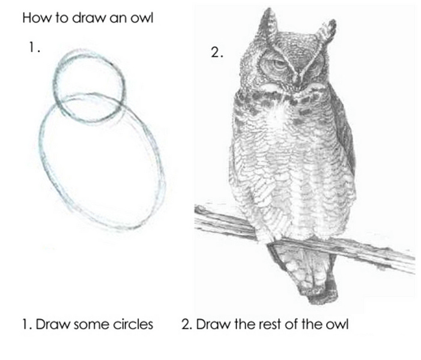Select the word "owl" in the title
tap(142, 18)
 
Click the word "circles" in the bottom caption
tap(133, 324)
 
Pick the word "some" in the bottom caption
tap(90, 325)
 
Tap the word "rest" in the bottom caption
tap(269, 324)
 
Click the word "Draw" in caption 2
tap(213, 324)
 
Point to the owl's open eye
tap(277, 64)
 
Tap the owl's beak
tap(297, 80)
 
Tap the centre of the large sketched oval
tap(102, 161)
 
